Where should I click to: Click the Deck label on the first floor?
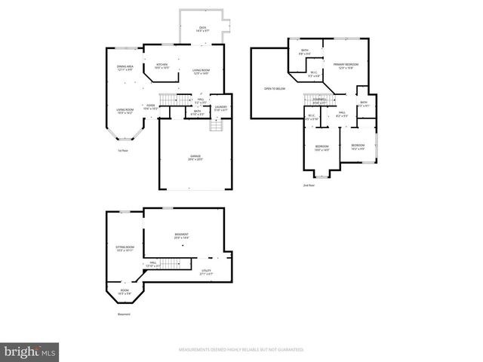[202, 29]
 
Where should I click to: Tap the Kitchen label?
[162, 66]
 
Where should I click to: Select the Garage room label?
[195, 158]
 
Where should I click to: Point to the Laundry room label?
[220, 108]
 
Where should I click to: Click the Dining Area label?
[125, 68]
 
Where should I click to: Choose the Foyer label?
[151, 107]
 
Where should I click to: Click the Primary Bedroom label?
[346, 66]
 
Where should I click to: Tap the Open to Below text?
[275, 88]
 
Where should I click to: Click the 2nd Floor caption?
[308, 185]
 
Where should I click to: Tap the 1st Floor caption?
[122, 151]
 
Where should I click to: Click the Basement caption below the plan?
[124, 314]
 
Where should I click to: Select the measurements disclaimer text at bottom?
[241, 350]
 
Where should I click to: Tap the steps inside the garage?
[217, 124]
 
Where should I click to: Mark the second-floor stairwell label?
[320, 102]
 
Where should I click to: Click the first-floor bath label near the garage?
[197, 112]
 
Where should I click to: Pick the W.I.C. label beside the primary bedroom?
[315, 75]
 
